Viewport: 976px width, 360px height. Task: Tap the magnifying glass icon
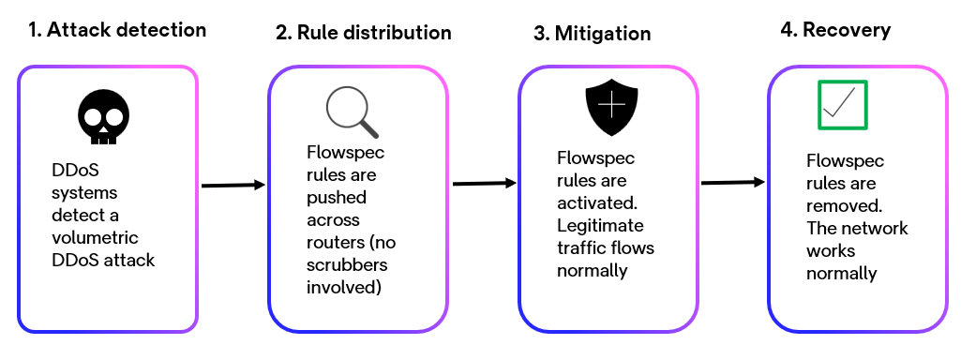pos(352,112)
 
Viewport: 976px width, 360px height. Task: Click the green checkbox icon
pos(842,105)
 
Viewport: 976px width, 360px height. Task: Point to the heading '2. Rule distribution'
pos(364,33)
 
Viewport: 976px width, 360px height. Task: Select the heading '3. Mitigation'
pos(593,33)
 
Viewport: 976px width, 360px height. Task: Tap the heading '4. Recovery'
pos(835,30)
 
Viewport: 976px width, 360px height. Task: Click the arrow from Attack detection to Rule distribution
pos(233,186)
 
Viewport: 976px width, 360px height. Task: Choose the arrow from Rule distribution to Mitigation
pos(485,183)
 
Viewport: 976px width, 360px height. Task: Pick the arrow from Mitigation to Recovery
pos(734,182)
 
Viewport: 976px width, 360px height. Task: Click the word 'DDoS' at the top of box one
pos(73,171)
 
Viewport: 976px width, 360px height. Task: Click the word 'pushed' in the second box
pos(336,198)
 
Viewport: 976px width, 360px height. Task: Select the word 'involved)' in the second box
pos(343,288)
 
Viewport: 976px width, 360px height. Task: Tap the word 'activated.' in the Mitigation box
pos(595,203)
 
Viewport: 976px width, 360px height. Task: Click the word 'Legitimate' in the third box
pos(599,226)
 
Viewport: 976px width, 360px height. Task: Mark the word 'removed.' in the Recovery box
pos(841,206)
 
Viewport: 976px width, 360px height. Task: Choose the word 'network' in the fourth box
pos(877,229)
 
